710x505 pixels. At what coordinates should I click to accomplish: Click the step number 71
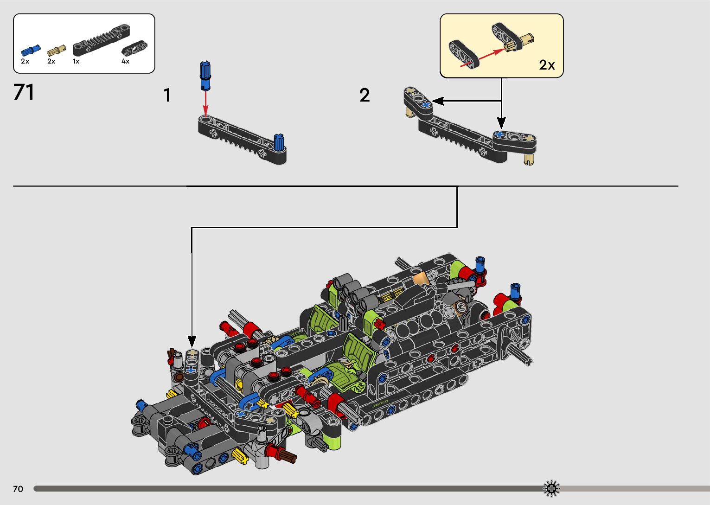click(x=24, y=92)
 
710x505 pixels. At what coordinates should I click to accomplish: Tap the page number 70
click(x=18, y=489)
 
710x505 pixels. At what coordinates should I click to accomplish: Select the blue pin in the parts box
click(x=31, y=51)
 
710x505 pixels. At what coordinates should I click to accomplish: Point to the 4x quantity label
click(x=125, y=61)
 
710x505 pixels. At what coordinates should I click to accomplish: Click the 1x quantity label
click(x=76, y=61)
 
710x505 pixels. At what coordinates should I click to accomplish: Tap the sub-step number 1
click(x=167, y=96)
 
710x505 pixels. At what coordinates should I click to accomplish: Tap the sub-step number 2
click(x=365, y=96)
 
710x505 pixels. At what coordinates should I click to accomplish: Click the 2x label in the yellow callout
click(x=547, y=65)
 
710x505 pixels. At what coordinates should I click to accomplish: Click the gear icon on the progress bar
click(x=551, y=488)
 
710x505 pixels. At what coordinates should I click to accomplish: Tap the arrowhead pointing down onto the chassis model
click(x=192, y=341)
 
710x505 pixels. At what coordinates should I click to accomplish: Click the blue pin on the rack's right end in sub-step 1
click(x=279, y=142)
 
